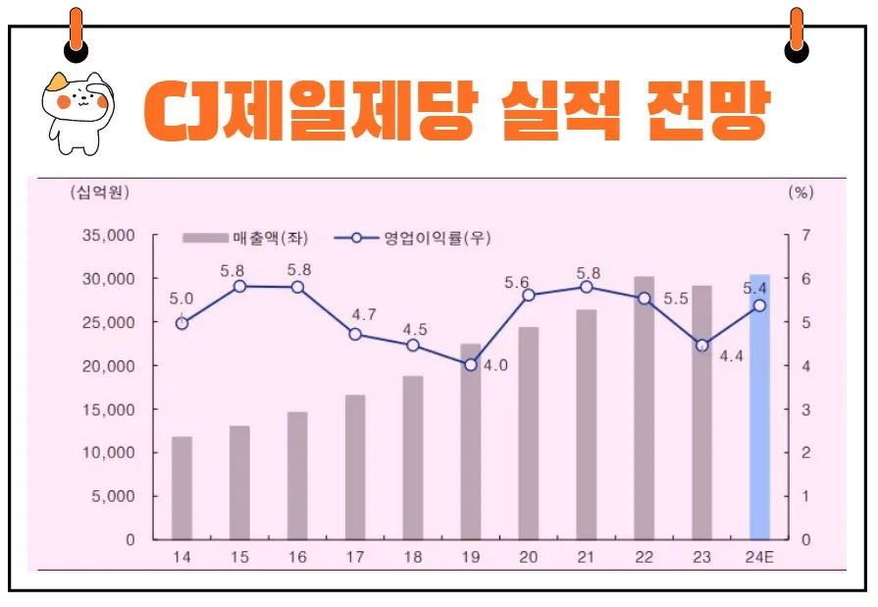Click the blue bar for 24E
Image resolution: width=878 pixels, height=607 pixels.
pyautogui.click(x=759, y=407)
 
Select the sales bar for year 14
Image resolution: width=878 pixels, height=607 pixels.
pyautogui.click(x=181, y=488)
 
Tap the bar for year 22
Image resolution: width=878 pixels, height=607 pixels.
pyautogui.click(x=644, y=408)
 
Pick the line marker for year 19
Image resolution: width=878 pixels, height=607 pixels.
pyautogui.click(x=471, y=364)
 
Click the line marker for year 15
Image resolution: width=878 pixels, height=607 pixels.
pyautogui.click(x=239, y=286)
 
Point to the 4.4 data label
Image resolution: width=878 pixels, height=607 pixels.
pyautogui.click(x=731, y=357)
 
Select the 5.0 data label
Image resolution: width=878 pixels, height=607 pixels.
pyautogui.click(x=181, y=299)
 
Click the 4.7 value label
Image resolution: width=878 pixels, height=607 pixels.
pyautogui.click(x=364, y=314)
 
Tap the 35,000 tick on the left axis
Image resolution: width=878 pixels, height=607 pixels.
pyautogui.click(x=110, y=236)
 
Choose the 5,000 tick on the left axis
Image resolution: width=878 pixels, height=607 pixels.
pyautogui.click(x=115, y=496)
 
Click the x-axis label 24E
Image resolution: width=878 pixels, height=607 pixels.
pyautogui.click(x=759, y=557)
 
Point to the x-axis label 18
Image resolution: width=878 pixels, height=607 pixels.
pyautogui.click(x=413, y=557)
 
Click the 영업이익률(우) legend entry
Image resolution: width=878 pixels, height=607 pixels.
pyautogui.click(x=412, y=238)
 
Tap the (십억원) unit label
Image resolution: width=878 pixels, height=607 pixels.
pyautogui.click(x=99, y=193)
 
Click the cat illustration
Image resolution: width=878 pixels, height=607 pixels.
pyautogui.click(x=78, y=110)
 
